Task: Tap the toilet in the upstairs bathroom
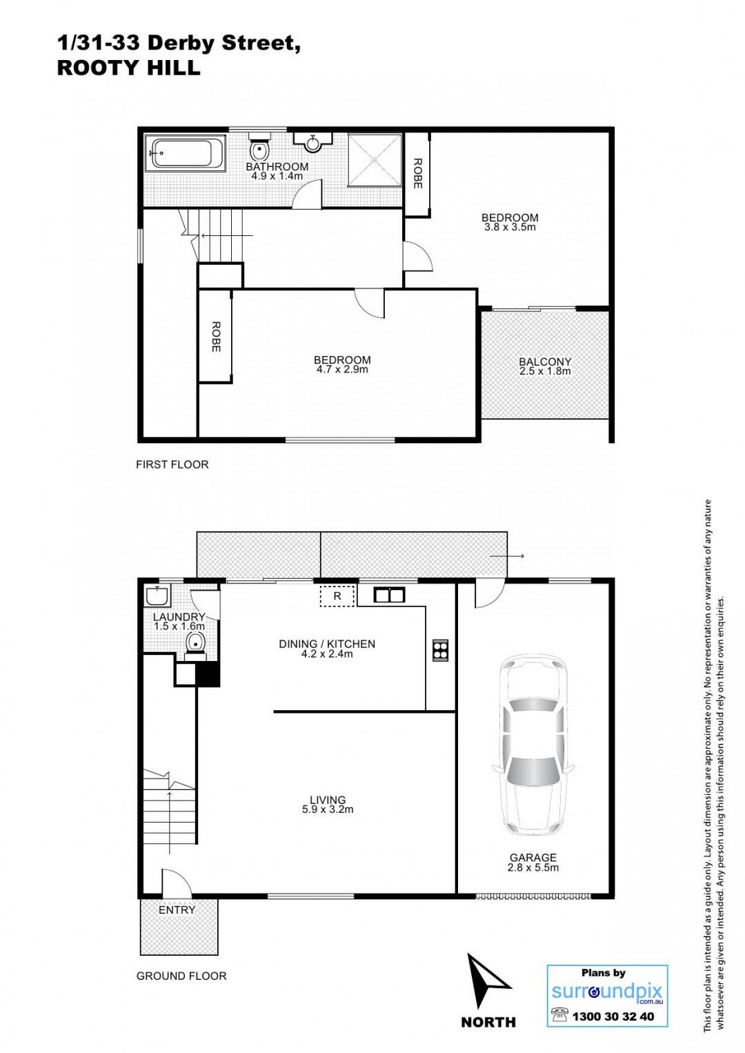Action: tap(259, 146)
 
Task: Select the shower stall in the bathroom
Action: tap(375, 160)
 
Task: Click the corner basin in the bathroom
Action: tap(312, 141)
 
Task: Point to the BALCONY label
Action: tap(545, 362)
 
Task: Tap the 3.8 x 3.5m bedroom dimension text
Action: tap(510, 227)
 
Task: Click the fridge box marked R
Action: tap(337, 596)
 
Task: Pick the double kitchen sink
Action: tap(389, 595)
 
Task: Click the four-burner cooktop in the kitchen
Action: tap(440, 651)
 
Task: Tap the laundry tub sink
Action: tap(155, 596)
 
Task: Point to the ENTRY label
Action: tap(177, 910)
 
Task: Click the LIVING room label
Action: tap(328, 799)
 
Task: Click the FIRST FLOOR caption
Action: tap(172, 464)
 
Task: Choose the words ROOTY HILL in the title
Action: tap(129, 68)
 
